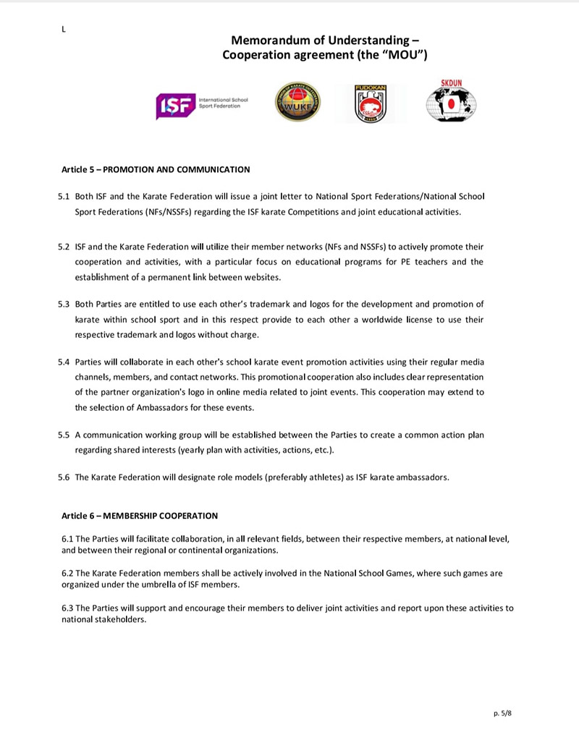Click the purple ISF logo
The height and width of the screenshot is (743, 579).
click(x=174, y=106)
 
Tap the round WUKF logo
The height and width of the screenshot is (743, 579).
click(x=297, y=102)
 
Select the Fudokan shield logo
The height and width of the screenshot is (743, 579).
click(x=370, y=103)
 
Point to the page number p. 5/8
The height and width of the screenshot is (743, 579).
click(x=502, y=713)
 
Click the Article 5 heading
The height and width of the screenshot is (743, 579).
click(x=156, y=170)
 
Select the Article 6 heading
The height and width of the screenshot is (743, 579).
click(x=140, y=516)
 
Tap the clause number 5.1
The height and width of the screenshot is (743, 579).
click(x=64, y=196)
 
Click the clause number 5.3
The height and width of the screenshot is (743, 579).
click(x=64, y=304)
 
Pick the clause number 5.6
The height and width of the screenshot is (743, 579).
click(x=64, y=477)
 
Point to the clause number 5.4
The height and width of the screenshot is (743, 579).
click(x=64, y=361)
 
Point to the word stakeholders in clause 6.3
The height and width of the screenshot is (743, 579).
click(x=121, y=619)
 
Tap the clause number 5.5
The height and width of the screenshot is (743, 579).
click(x=64, y=435)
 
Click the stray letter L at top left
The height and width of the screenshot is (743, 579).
click(x=64, y=29)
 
